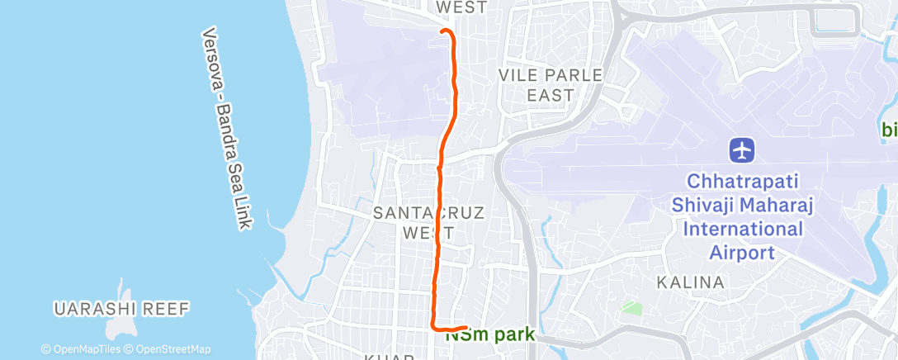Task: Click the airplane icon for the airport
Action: (x=743, y=150)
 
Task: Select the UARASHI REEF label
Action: (x=122, y=309)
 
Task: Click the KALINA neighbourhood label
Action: (x=690, y=282)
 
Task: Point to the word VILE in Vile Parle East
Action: (x=519, y=75)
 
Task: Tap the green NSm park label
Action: (x=490, y=335)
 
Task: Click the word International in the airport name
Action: (x=743, y=228)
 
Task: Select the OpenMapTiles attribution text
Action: (x=80, y=349)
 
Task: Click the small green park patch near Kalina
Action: (x=631, y=308)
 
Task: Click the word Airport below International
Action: (x=743, y=252)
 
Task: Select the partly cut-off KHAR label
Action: (x=381, y=357)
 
